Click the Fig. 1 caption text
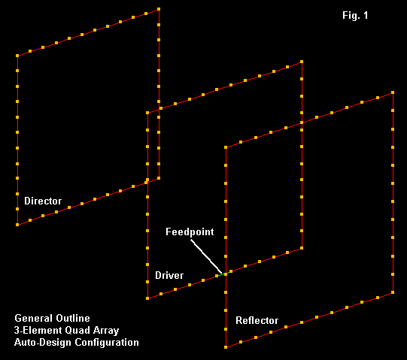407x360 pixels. point(355,15)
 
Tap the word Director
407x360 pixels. point(43,201)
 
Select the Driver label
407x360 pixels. point(169,275)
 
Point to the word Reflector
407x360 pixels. point(257,321)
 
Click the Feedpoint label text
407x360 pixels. point(190,232)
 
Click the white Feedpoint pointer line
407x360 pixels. point(206,256)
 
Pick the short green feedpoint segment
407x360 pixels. point(221,274)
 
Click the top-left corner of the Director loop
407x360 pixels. point(17,56)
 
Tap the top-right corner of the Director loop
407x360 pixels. point(159,9)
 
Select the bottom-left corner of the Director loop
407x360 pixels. point(17,225)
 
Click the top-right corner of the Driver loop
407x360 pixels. point(302,62)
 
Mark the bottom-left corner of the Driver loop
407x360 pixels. point(147,298)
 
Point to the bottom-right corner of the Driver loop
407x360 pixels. point(302,248)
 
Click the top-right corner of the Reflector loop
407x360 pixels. point(393,92)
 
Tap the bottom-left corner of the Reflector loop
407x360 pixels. point(226,347)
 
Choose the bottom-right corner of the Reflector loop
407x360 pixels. point(393,292)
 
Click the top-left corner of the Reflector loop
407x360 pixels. point(226,147)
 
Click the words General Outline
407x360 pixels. point(52,318)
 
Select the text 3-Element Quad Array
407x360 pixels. point(66,331)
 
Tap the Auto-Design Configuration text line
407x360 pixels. point(77,343)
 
